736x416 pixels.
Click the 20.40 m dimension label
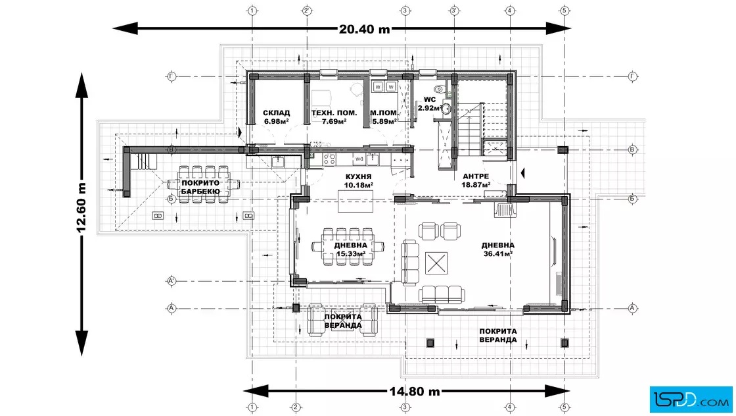[364, 29]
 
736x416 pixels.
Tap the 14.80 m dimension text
[415, 391]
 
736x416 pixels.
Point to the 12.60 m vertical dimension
[81, 207]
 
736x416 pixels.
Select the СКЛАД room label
[276, 113]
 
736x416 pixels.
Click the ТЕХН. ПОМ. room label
[334, 113]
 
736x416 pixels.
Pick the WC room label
[430, 99]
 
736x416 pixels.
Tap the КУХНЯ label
[358, 176]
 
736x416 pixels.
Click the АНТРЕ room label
[476, 176]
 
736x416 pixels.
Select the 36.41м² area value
[498, 254]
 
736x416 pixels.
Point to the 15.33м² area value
[351, 254]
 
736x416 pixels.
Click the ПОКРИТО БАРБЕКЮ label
[200, 187]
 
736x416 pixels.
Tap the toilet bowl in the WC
[440, 88]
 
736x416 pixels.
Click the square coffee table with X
[436, 263]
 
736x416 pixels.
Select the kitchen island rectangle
[356, 201]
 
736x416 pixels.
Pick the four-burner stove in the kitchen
[329, 159]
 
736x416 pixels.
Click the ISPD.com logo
[691, 400]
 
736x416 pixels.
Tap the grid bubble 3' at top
[454, 11]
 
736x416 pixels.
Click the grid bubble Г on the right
[632, 76]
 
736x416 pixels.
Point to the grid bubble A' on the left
[172, 281]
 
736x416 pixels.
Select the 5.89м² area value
[384, 121]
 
